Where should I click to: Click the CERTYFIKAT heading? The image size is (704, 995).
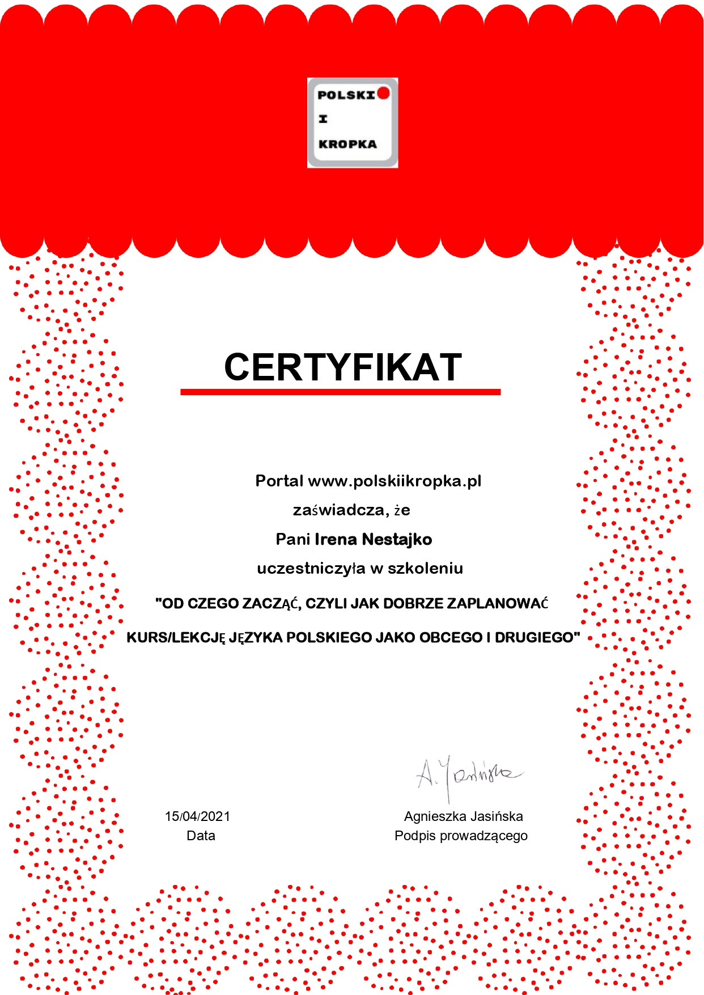click(343, 367)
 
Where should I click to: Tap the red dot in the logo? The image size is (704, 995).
click(384, 93)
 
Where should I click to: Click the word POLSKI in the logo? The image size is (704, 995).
click(346, 95)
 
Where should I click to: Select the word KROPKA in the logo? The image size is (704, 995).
click(347, 144)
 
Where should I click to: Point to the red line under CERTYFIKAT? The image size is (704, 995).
click(340, 392)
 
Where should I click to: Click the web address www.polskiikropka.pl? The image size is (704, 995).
click(395, 481)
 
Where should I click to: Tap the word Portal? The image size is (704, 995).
click(279, 481)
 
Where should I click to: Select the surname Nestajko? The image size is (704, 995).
click(397, 539)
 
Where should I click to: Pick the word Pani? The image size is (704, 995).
click(292, 539)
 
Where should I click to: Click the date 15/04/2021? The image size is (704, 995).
click(197, 816)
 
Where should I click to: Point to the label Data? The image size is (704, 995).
click(201, 836)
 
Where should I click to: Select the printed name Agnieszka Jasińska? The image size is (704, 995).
click(463, 816)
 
